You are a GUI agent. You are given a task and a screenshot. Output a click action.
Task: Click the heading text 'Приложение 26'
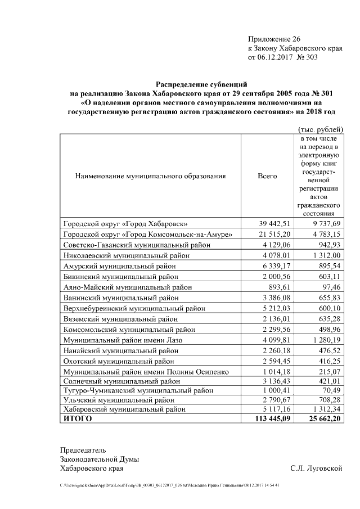(x=274, y=39)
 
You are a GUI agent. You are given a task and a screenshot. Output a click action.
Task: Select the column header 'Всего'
(x=267, y=176)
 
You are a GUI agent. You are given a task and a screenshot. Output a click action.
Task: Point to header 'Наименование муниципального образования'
(x=150, y=176)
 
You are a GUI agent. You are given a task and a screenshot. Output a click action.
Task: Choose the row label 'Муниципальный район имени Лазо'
(x=123, y=340)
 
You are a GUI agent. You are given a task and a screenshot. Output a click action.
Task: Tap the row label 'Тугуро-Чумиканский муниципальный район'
(x=137, y=393)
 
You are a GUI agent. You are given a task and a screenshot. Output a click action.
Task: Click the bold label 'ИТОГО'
(x=78, y=419)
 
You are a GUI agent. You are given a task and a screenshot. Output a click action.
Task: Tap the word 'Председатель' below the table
(x=83, y=450)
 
